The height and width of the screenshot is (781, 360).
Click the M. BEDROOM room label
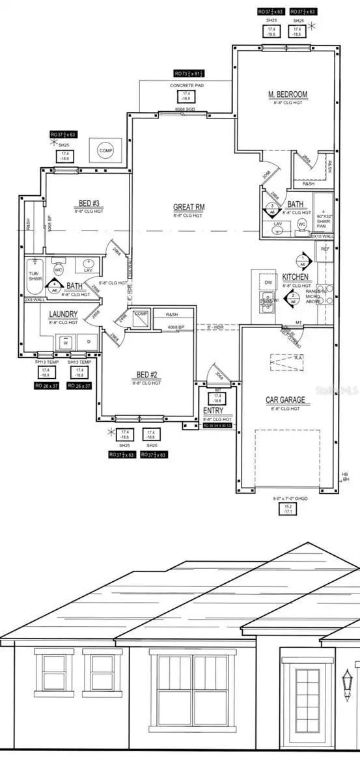coord(287,95)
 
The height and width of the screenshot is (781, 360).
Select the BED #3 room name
coord(84,202)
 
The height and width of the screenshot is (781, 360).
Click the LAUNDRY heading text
coord(64,314)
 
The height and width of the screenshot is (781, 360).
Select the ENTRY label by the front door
coord(213,411)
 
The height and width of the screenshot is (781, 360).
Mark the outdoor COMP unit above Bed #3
coord(106,150)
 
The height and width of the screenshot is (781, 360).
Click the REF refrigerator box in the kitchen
coord(324,248)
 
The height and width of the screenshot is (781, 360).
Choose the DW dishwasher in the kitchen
coord(268,282)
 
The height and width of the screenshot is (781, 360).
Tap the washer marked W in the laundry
coord(65,343)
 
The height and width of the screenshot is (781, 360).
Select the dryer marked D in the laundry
coord(88,343)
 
